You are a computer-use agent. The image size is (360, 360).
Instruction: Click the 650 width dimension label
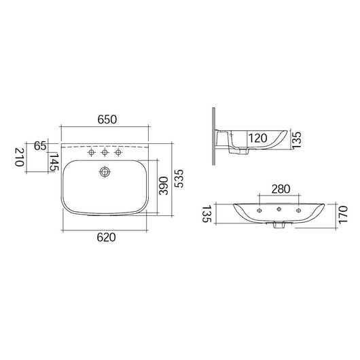107,120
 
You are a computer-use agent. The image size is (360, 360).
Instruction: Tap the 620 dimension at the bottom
106,238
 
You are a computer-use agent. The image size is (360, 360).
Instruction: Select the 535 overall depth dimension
179,179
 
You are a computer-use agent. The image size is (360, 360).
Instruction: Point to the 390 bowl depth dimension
164,185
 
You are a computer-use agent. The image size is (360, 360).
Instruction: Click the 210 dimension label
20,158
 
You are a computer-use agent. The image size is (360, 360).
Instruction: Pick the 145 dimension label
54,162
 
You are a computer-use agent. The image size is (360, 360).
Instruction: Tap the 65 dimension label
40,146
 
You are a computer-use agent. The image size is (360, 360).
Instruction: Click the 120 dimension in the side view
258,138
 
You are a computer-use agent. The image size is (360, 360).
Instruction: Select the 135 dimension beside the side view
296,140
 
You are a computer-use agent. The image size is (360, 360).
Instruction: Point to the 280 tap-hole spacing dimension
281,189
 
